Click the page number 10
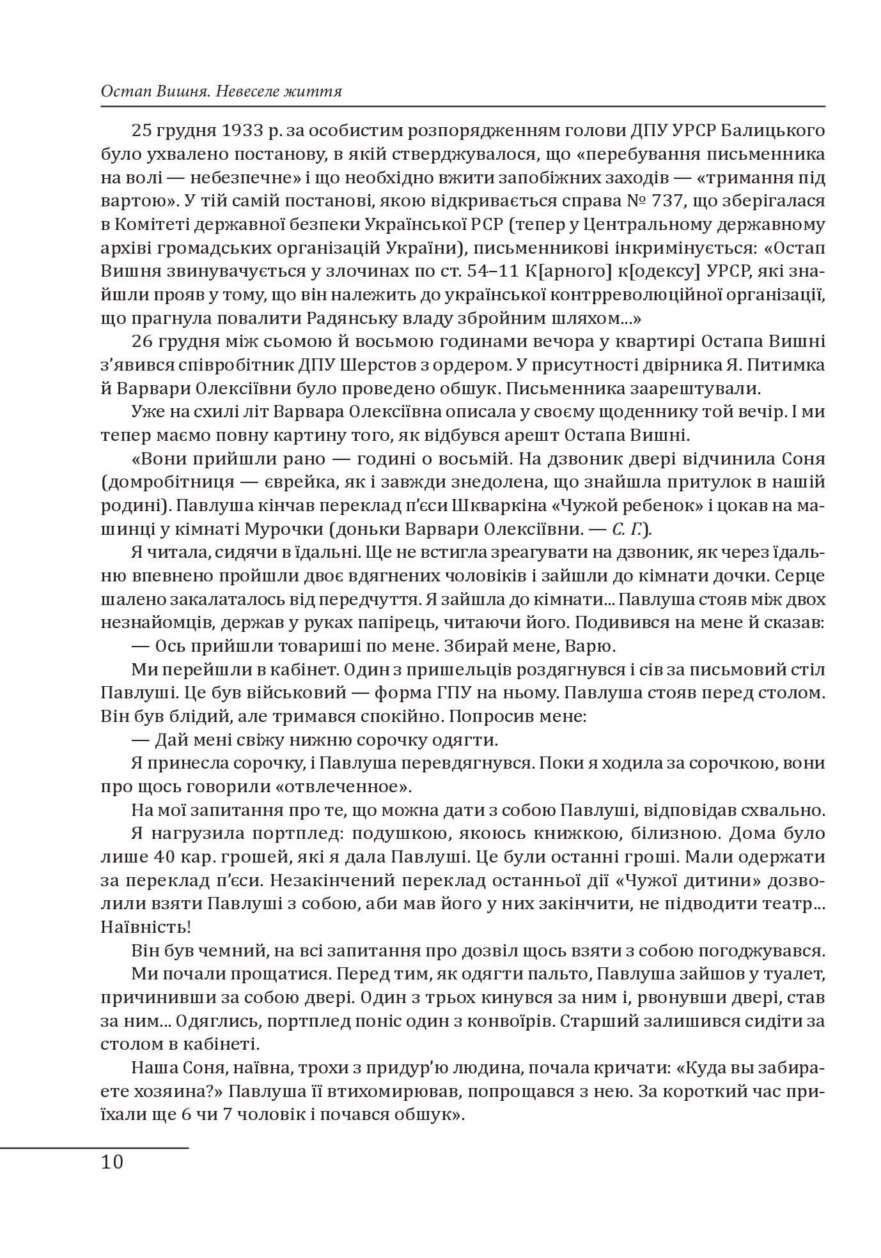tap(112, 1161)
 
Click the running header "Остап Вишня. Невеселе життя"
tap(221, 92)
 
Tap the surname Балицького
tap(767, 131)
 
